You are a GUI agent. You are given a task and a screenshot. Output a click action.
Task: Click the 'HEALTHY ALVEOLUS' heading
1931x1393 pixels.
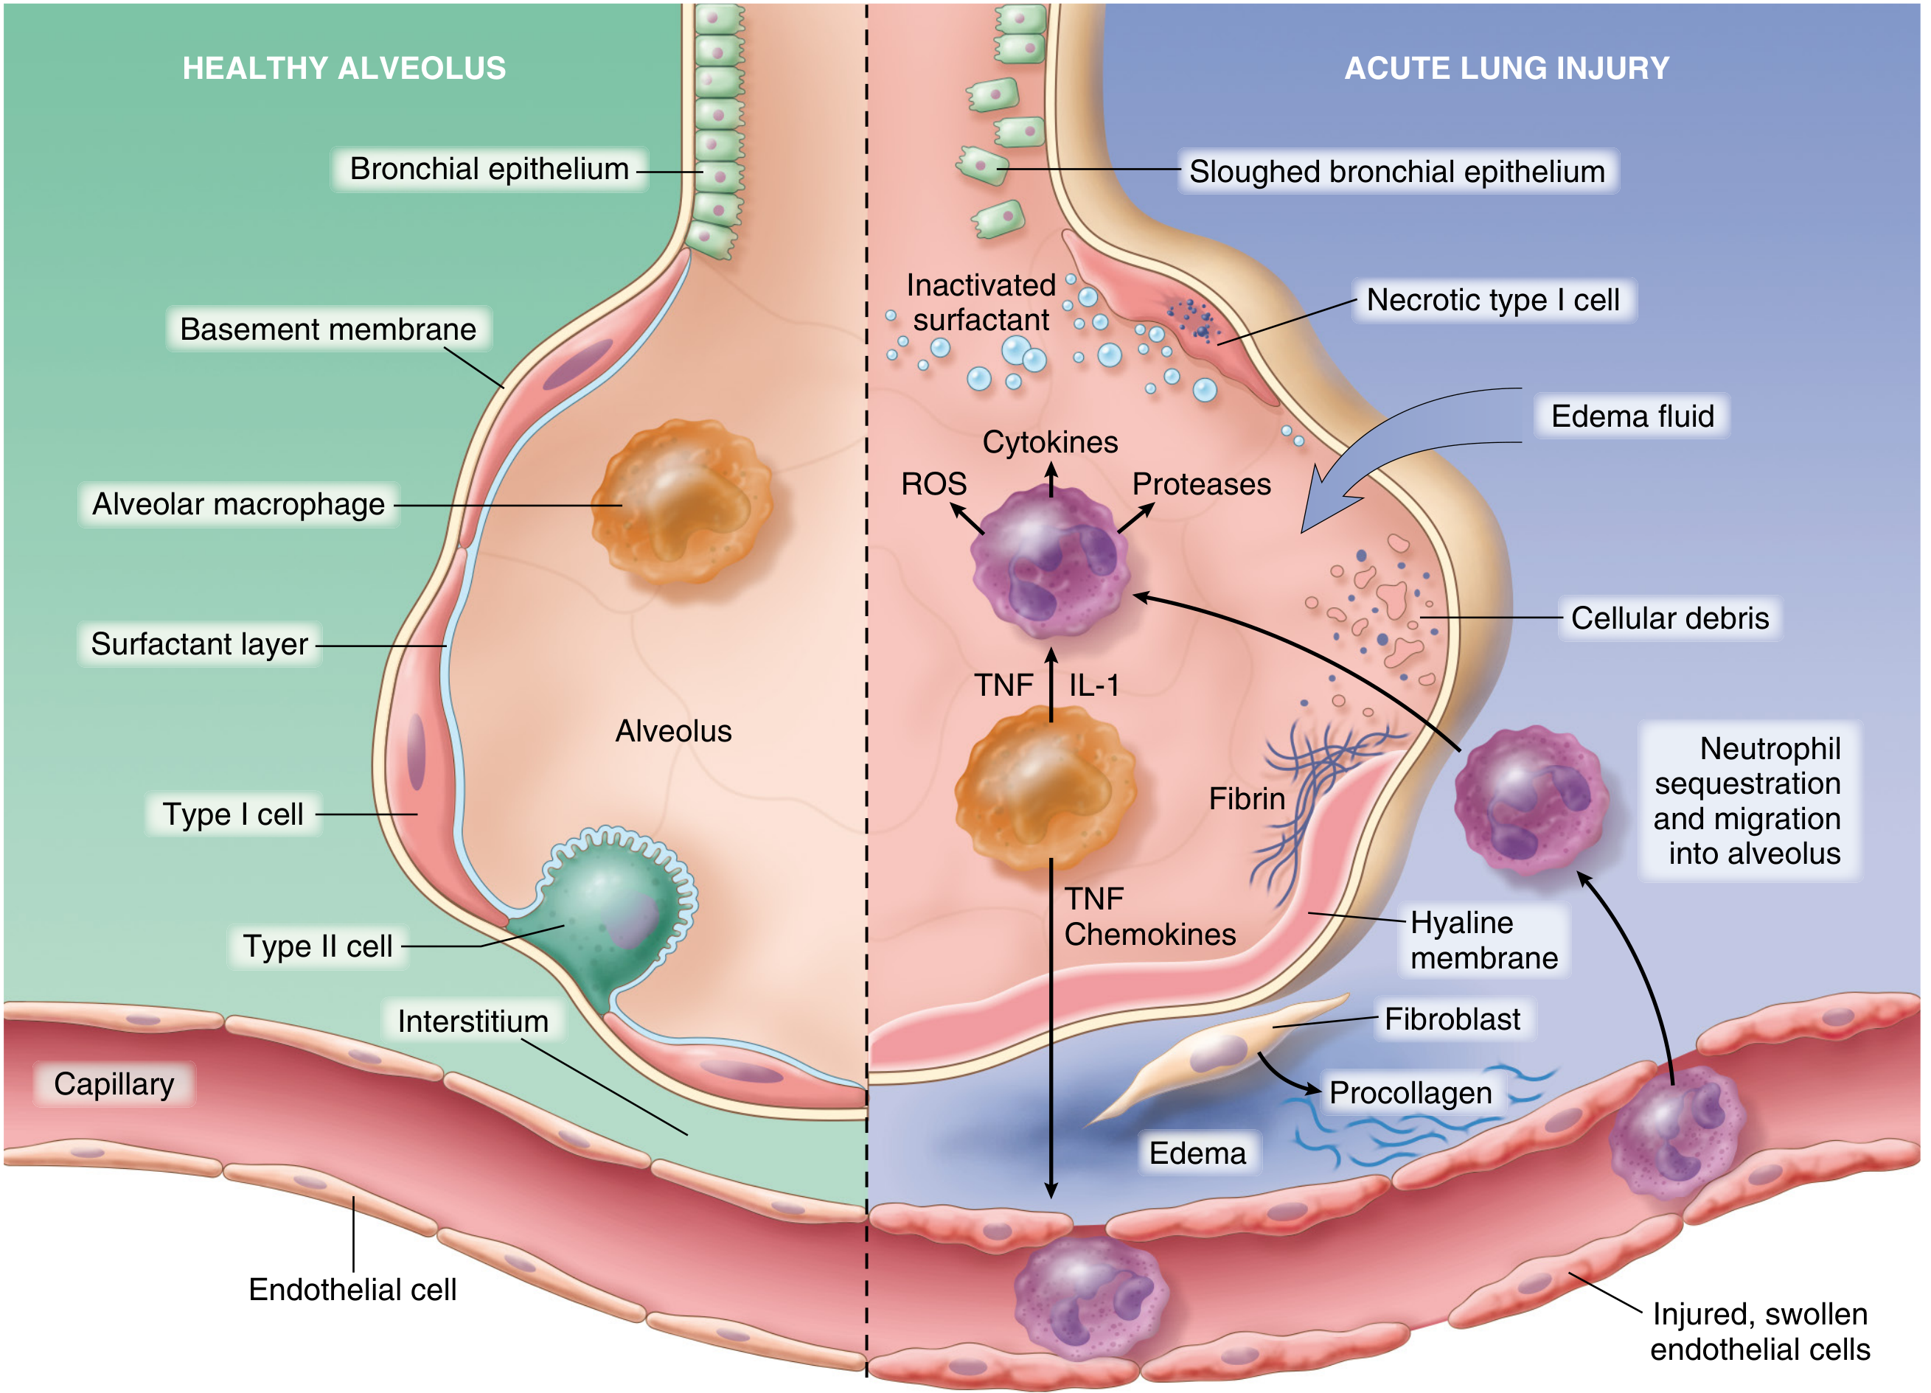pos(344,68)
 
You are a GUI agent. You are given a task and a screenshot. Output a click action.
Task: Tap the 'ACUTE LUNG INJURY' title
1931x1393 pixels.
pos(1506,68)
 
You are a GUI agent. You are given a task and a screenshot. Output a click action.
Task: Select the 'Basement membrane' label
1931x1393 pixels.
pos(328,329)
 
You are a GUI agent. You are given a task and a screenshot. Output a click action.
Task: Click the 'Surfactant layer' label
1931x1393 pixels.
pos(199,644)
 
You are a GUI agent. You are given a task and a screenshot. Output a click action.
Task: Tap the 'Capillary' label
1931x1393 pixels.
pos(114,1084)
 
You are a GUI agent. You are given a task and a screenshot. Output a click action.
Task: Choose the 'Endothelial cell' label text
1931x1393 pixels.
pos(352,1289)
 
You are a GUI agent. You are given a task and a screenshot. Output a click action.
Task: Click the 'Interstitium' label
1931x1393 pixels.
pos(473,1021)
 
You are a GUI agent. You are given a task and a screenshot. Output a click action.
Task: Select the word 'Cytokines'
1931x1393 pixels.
pos(1050,442)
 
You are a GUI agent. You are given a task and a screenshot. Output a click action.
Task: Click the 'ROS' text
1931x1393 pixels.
pos(934,484)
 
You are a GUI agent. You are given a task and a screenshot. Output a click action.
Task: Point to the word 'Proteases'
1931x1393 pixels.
pos(1201,484)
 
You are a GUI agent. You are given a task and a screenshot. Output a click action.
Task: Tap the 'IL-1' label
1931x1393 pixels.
pos(1094,685)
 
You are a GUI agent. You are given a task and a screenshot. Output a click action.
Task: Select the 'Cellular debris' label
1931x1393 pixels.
pos(1669,618)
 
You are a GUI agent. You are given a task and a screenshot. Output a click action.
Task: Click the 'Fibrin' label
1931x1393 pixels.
pos(1247,799)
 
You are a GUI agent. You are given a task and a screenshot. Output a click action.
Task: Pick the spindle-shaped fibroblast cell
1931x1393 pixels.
pos(1217,1055)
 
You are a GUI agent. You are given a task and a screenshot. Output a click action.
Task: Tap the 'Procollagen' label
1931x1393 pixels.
pos(1410,1092)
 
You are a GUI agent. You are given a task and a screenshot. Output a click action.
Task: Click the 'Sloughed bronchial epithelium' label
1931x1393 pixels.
pos(1397,172)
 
